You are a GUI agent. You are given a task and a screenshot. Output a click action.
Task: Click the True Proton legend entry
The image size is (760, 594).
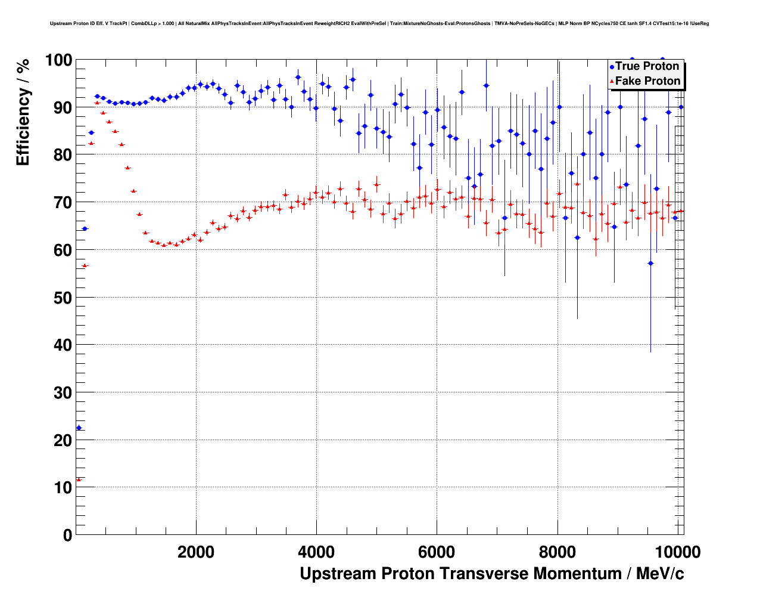[647, 66]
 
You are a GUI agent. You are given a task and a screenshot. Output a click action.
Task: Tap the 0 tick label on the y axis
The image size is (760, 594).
[67, 535]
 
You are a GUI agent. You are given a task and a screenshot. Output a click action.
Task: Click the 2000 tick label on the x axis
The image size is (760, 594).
[196, 552]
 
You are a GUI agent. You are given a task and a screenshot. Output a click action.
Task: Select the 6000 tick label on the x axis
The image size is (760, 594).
[437, 552]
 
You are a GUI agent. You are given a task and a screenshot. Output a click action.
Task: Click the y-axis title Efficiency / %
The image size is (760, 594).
[23, 112]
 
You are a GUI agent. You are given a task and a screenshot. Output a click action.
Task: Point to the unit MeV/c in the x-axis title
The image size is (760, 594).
[659, 574]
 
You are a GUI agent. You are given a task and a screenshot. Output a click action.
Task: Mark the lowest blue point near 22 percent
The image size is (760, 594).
[79, 428]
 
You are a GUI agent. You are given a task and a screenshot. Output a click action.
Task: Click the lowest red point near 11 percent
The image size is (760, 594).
[79, 479]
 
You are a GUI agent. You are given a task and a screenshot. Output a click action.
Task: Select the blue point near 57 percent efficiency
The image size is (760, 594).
[650, 263]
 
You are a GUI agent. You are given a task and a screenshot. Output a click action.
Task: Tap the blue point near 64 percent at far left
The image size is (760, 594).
[85, 228]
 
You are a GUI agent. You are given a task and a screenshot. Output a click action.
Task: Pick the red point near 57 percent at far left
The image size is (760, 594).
[85, 265]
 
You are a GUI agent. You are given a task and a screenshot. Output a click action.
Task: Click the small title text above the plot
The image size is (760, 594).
[379, 24]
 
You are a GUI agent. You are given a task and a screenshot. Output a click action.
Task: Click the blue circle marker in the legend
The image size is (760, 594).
[612, 67]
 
